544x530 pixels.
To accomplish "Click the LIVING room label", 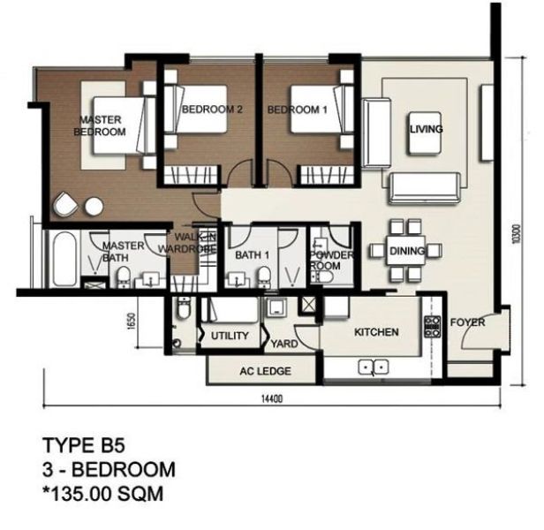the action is [427, 129].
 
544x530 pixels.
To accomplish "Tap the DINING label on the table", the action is [407, 251].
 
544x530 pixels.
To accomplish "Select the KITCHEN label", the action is [376, 332].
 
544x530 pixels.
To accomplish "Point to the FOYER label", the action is [467, 322].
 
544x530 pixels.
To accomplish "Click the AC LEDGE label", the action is [266, 371].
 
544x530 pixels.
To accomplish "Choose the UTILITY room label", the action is [230, 336].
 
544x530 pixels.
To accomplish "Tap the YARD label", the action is [284, 344].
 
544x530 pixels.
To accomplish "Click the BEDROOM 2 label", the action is [212, 110].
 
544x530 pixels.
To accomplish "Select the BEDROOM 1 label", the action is [298, 110].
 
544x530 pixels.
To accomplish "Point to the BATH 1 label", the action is [253, 255].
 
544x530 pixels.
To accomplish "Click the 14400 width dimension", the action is [272, 398].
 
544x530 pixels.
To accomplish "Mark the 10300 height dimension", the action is [517, 233].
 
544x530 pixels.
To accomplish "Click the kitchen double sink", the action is [374, 367].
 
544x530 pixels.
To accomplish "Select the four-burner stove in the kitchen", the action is [433, 327].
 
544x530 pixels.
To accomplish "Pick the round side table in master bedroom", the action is [94, 207].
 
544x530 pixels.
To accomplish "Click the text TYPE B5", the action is [83, 445].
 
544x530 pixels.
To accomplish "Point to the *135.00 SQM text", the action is [102, 494].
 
